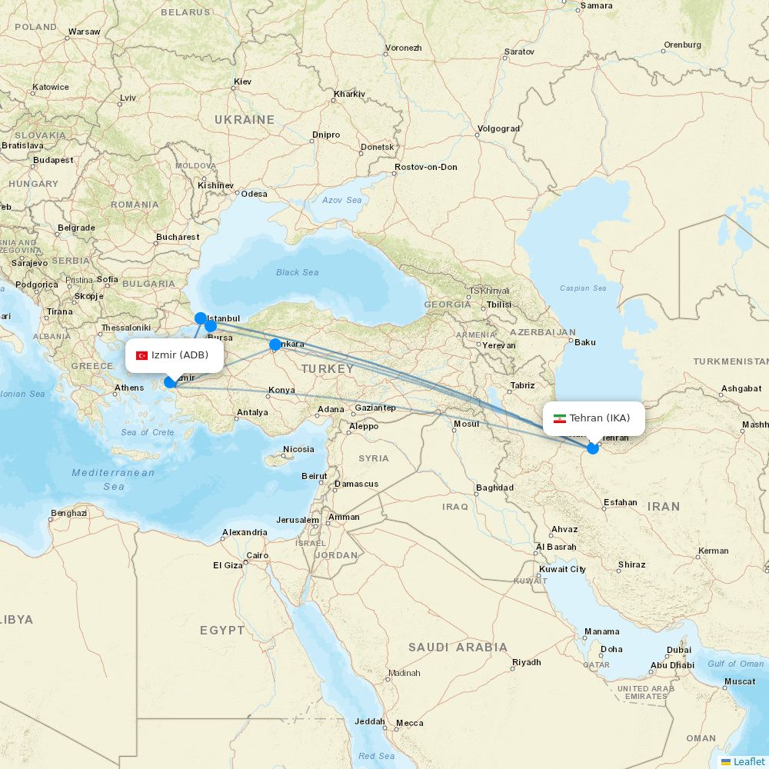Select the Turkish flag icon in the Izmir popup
click(141, 355)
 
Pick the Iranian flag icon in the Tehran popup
click(559, 418)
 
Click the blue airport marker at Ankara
click(275, 345)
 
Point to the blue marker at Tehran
click(592, 448)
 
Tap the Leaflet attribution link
click(748, 761)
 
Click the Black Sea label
click(297, 272)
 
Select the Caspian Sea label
click(583, 288)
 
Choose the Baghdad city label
click(494, 488)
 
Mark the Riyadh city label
click(526, 662)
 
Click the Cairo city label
click(257, 555)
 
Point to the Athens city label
click(128, 388)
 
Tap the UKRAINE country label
click(244, 120)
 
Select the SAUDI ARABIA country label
click(458, 647)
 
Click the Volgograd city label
click(498, 128)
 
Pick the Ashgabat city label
click(741, 388)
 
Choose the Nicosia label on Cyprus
click(298, 449)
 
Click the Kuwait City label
click(562, 569)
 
